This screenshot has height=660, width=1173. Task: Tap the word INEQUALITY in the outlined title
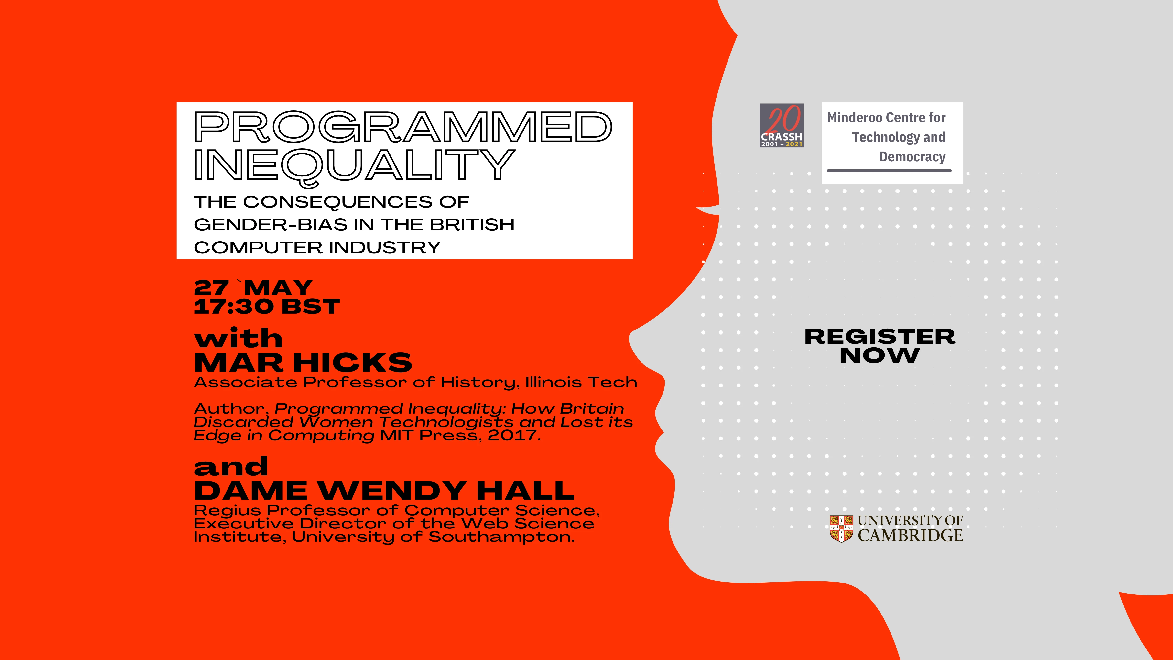[x=354, y=165]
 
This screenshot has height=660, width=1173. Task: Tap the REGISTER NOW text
[x=880, y=346]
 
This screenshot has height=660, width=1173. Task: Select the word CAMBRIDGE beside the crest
[x=910, y=536]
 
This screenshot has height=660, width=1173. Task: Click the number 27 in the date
[x=211, y=288]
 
